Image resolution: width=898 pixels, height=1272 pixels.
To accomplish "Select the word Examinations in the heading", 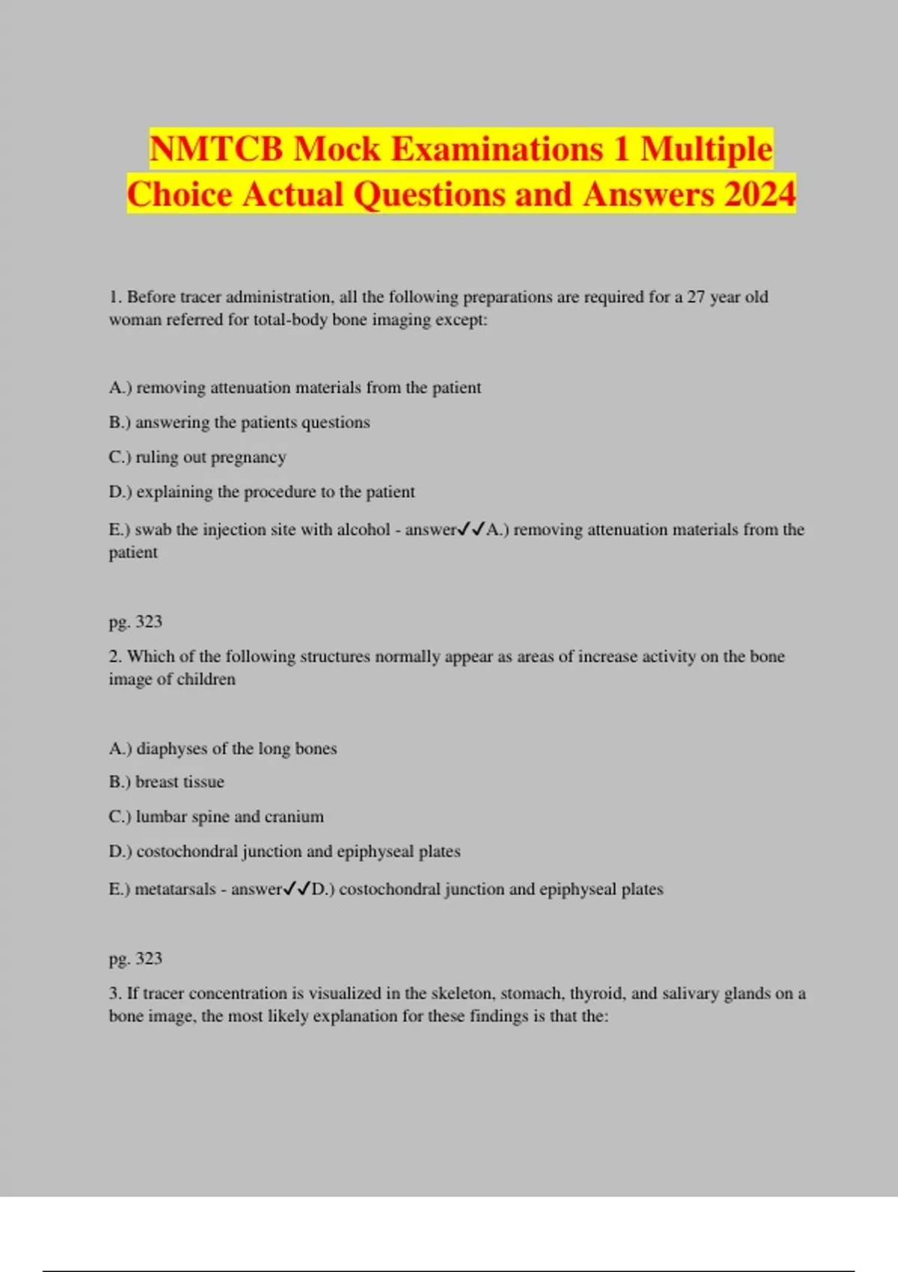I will click(x=497, y=149).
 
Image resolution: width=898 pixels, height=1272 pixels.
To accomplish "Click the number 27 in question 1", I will click(x=696, y=297).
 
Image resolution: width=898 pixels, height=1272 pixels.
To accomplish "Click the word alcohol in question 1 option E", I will click(x=363, y=530).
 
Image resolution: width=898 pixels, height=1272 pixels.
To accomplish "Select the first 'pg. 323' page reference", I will click(x=135, y=622).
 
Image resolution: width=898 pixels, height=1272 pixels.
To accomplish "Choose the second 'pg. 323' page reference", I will click(x=135, y=958).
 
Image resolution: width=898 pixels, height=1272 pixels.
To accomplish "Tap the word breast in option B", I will click(x=156, y=782).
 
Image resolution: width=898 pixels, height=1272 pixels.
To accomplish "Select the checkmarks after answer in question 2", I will click(x=297, y=889).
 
